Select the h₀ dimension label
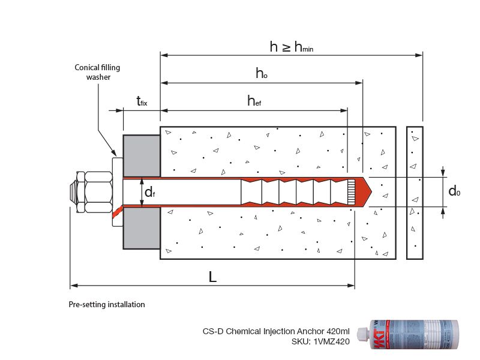coord(261,74)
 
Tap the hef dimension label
coord(254,101)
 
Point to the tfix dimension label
coord(141,101)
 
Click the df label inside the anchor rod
coord(151,192)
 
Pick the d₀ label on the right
coord(455,191)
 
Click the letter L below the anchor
coord(212,277)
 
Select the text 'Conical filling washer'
coord(97,73)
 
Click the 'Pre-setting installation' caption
coord(107,305)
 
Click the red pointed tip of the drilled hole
coord(365,192)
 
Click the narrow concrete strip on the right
coord(415,193)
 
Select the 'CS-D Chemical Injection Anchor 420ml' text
coord(275,331)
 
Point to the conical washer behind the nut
coord(117,192)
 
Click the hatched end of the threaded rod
coord(351,192)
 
